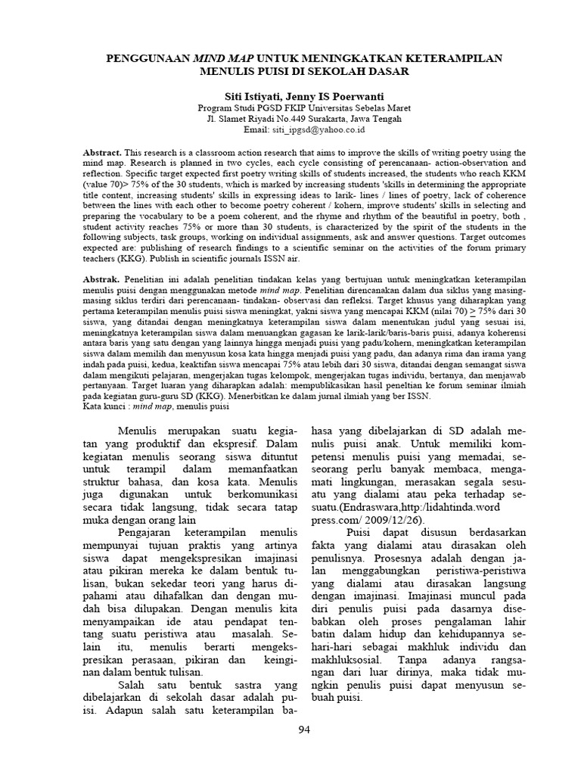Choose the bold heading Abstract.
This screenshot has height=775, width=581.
pyautogui.click(x=101, y=153)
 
